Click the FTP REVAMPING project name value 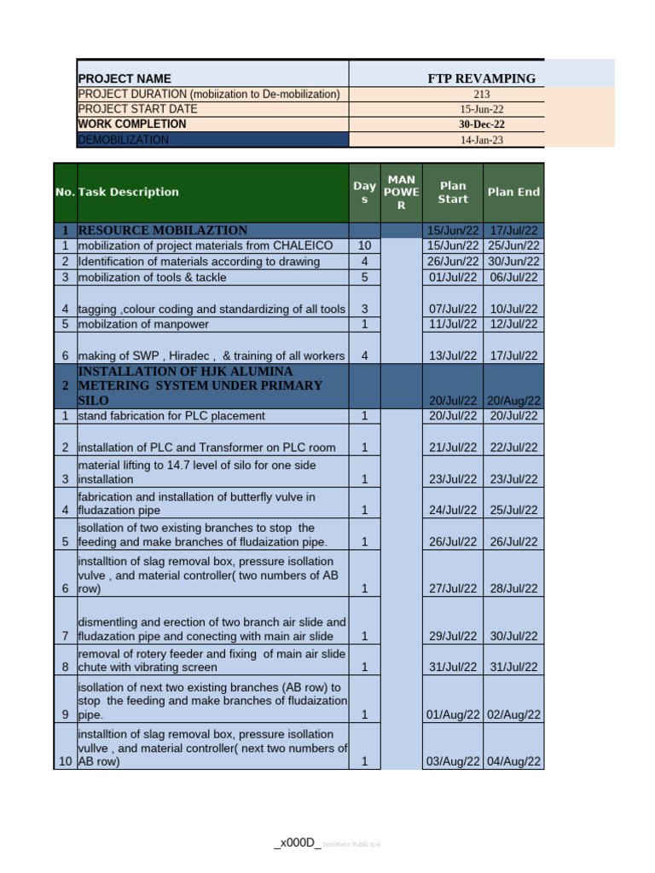[x=481, y=78]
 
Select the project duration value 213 [x=481, y=95]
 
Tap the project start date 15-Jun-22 [x=481, y=109]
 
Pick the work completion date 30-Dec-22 [x=481, y=124]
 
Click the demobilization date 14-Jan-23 [x=481, y=140]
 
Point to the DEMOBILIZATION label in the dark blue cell [x=124, y=140]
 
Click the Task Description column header [x=128, y=192]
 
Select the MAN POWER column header [x=401, y=192]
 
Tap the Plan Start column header [x=453, y=192]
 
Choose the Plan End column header [x=513, y=192]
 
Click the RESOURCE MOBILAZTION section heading [x=163, y=230]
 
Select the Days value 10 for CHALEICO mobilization [x=364, y=246]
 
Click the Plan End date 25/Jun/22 [x=513, y=246]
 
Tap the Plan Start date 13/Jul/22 [x=453, y=356]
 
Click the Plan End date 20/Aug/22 [x=513, y=401]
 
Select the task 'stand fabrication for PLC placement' [x=171, y=416]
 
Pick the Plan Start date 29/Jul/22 [x=453, y=636]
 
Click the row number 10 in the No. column [x=65, y=762]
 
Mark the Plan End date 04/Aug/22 [x=513, y=762]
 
